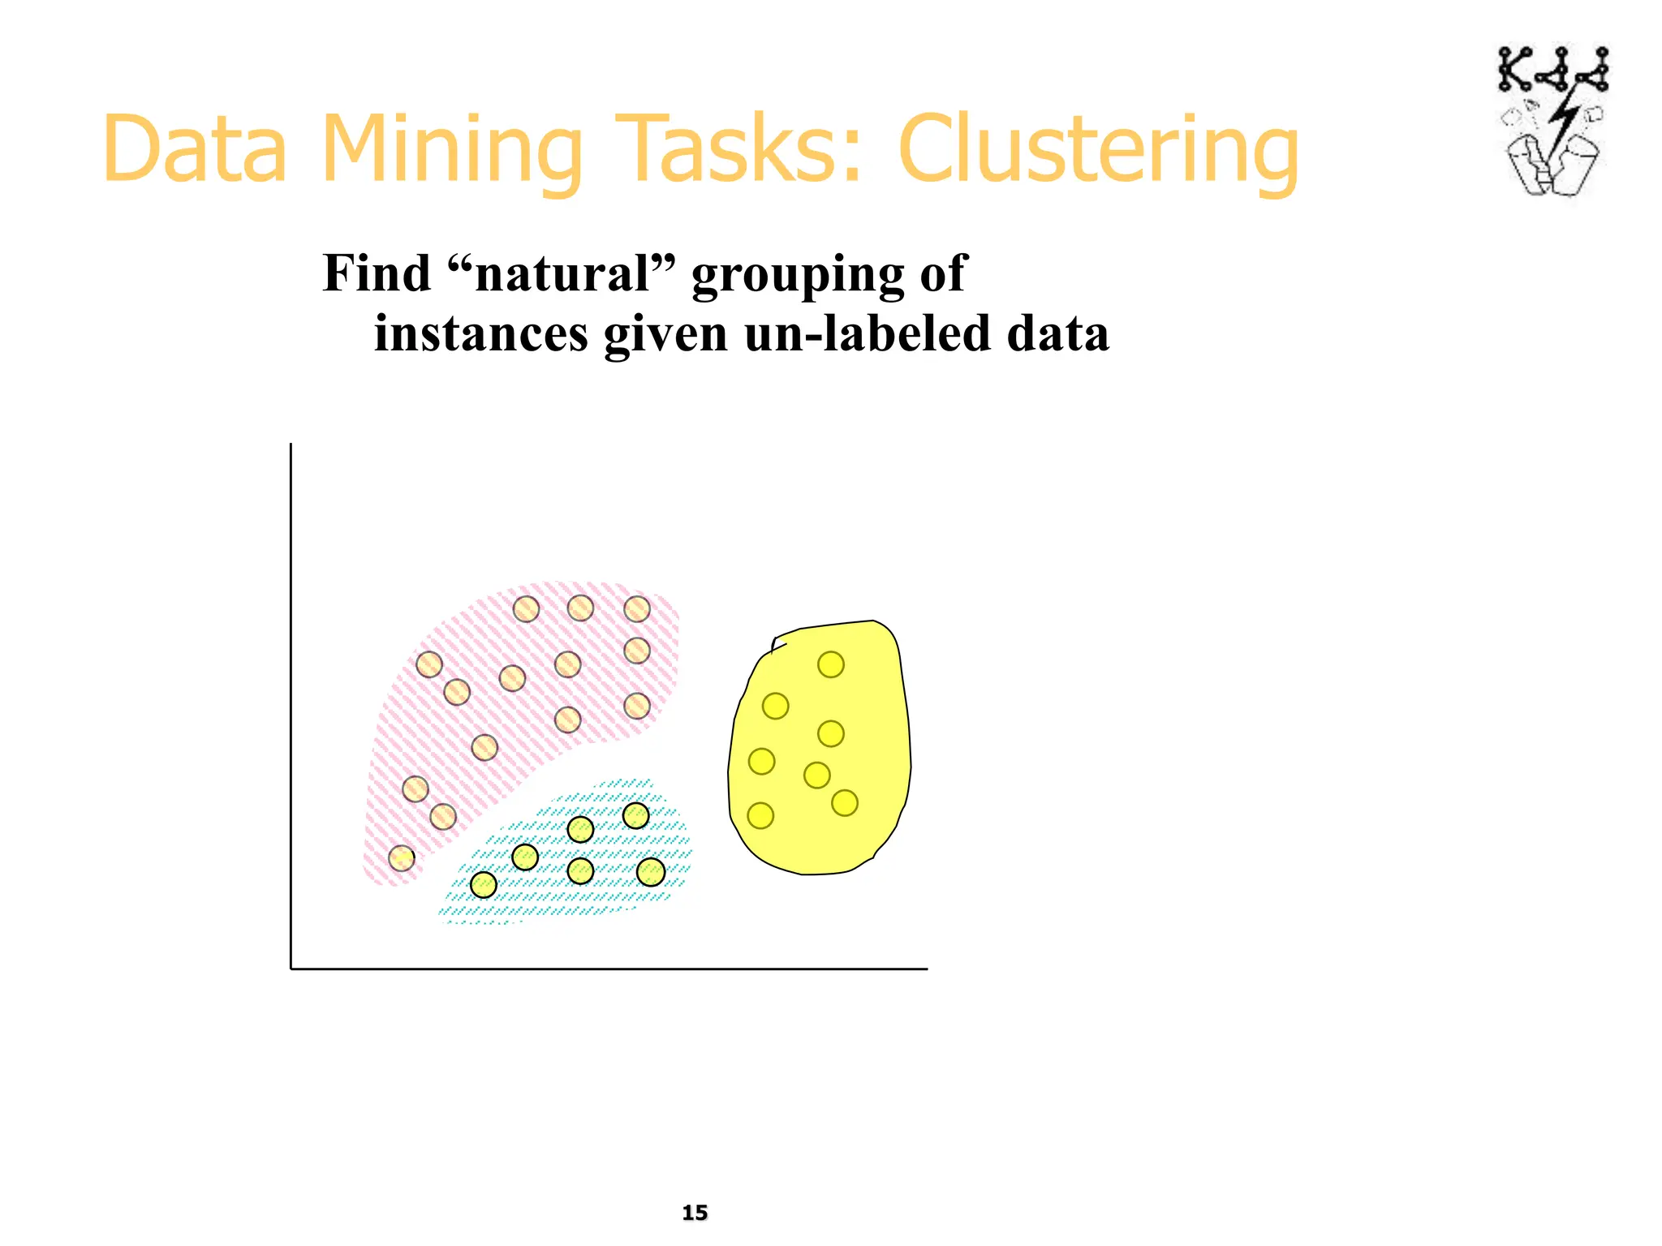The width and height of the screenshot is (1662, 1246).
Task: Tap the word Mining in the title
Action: coord(452,150)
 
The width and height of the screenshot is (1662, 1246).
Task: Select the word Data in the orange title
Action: coord(195,150)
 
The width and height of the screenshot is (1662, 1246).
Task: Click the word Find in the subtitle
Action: coord(377,273)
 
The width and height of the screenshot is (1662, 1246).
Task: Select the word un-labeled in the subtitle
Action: coord(867,333)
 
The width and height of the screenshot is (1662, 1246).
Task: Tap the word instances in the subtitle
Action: coord(480,333)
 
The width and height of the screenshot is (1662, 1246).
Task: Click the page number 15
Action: coord(695,1213)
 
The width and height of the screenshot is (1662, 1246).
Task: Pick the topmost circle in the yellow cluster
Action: coord(830,664)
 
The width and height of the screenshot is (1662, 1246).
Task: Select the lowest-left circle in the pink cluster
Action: coord(402,857)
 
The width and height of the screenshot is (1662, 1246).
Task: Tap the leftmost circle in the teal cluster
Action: coord(484,884)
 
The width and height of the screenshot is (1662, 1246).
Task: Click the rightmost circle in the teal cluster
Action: coord(651,872)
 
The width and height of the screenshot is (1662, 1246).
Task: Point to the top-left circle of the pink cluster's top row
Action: coord(526,608)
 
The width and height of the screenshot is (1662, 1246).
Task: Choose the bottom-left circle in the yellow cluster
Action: coord(760,815)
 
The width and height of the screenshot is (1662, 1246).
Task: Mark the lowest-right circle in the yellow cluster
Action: coord(845,803)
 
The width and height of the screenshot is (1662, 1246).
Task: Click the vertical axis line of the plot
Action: coord(291,706)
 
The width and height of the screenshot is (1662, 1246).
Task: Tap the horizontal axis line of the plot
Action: coord(609,969)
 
